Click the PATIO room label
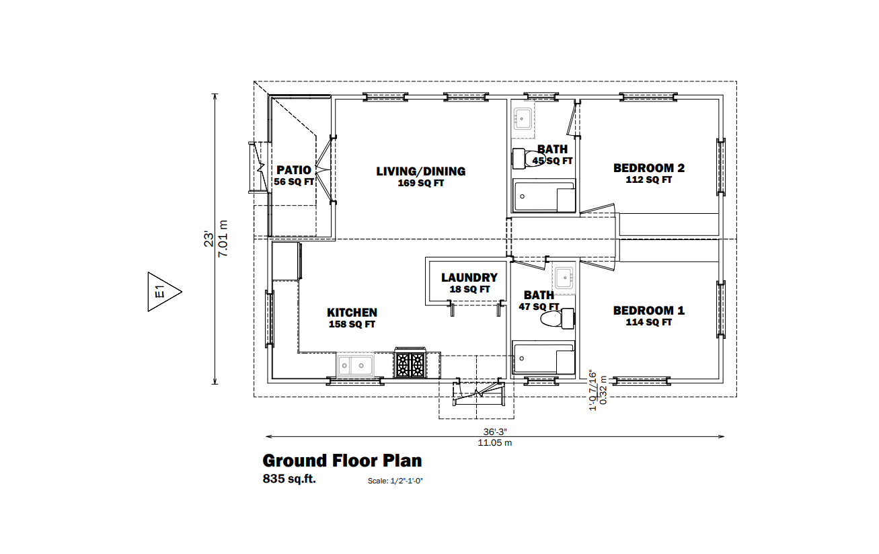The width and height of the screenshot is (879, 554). (294, 170)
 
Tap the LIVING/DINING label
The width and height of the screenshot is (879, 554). (420, 171)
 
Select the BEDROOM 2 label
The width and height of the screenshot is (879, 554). (648, 168)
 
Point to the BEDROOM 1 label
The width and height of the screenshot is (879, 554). (648, 311)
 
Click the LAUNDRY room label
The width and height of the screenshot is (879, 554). (469, 278)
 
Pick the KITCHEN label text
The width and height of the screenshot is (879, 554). (352, 313)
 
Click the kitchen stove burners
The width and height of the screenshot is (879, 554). (410, 364)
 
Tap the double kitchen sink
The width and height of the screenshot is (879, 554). (354, 365)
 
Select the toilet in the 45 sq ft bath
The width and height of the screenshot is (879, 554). (528, 159)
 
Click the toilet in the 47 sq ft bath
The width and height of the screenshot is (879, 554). (558, 318)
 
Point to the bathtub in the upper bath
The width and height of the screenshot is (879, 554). (544, 196)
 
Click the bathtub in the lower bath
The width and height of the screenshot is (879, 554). (543, 358)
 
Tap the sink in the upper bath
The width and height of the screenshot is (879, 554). (523, 118)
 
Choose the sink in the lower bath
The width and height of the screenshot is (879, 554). (564, 278)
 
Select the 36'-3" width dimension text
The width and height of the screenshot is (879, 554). (495, 432)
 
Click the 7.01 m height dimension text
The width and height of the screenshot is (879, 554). (223, 239)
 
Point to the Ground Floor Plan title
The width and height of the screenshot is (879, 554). (342, 461)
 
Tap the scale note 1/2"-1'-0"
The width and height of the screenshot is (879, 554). (395, 481)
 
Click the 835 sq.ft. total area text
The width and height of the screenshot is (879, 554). (289, 479)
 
